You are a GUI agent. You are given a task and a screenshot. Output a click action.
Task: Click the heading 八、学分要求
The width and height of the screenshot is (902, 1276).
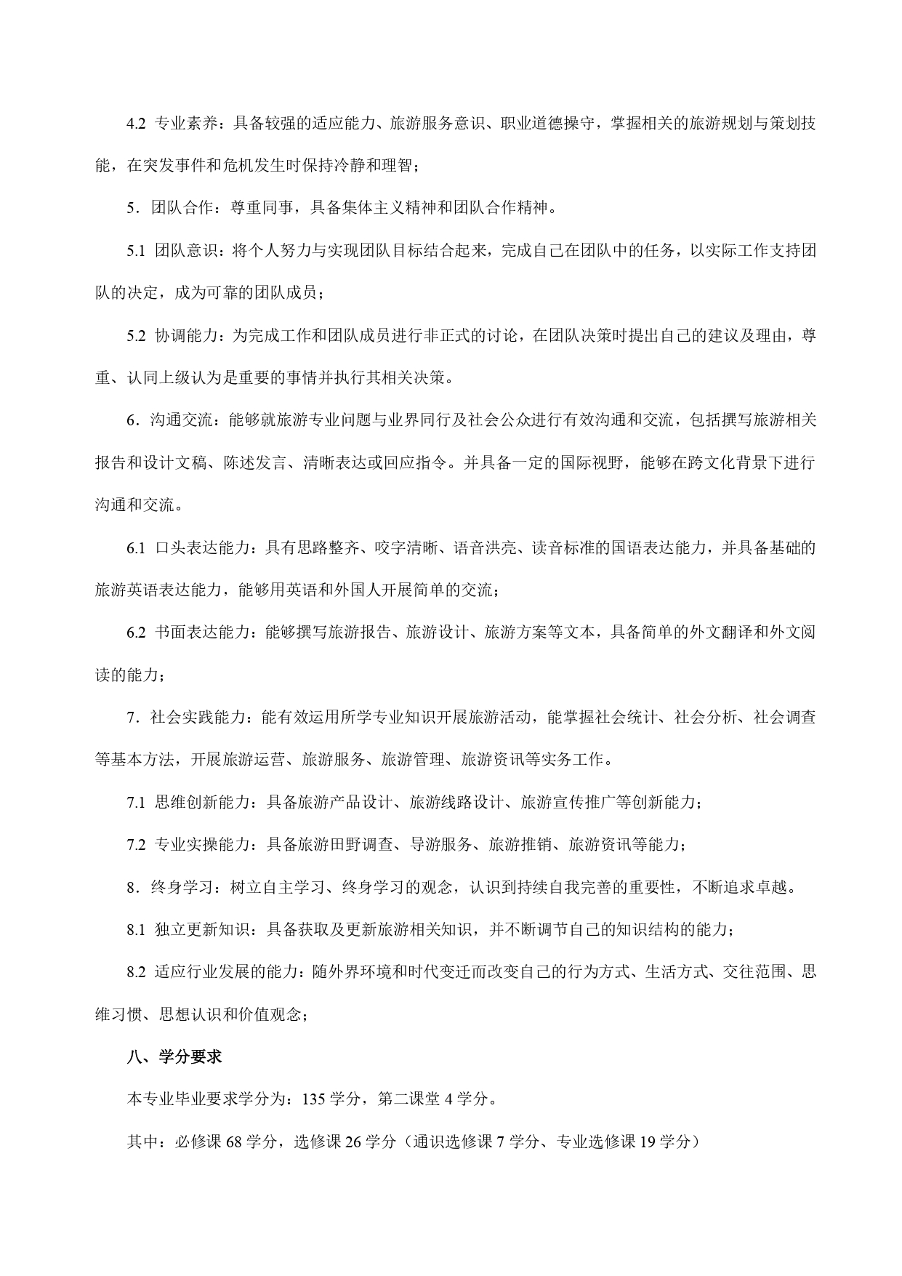(x=174, y=1057)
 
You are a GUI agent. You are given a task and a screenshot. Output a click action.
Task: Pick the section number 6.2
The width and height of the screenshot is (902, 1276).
(x=137, y=633)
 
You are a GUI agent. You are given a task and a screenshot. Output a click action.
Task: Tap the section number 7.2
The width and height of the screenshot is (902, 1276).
(x=137, y=845)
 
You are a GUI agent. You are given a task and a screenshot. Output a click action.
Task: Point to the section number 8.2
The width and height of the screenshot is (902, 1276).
(x=137, y=972)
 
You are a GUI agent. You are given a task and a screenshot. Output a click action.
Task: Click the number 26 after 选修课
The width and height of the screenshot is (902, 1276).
(x=354, y=1141)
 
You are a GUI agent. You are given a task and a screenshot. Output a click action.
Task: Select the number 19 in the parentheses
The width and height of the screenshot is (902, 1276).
(x=647, y=1141)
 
